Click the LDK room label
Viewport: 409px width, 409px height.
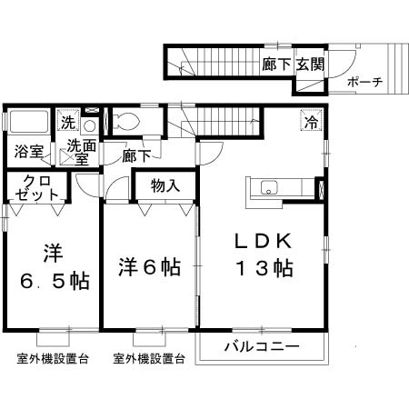[263, 241]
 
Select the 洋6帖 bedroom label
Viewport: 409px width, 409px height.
[149, 267]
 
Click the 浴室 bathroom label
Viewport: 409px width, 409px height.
[26, 151]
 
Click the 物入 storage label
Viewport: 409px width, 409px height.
[165, 185]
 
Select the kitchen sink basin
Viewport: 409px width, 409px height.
[270, 188]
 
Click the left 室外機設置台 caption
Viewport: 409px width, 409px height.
[53, 359]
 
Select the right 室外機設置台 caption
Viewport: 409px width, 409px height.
[149, 359]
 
